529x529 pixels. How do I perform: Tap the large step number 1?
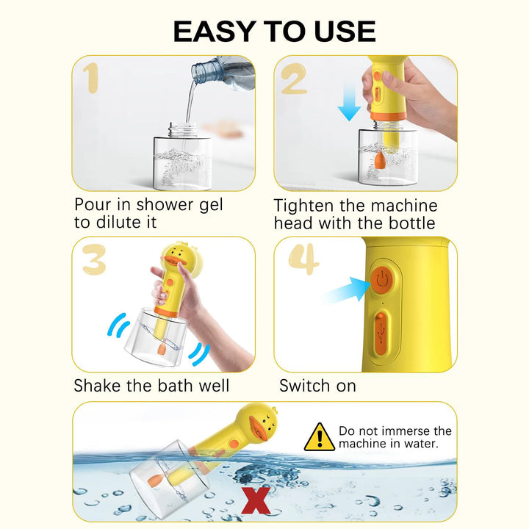[91, 78]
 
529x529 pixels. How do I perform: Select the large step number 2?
[294, 79]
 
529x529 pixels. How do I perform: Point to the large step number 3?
[94, 259]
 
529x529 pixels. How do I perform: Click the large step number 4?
[303, 259]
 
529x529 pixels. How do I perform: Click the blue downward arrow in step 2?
[350, 102]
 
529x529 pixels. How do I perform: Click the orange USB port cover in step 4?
[381, 334]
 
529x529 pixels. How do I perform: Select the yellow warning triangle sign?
[319, 437]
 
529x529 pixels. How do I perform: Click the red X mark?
[256, 500]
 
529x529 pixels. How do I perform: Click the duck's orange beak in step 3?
[173, 261]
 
